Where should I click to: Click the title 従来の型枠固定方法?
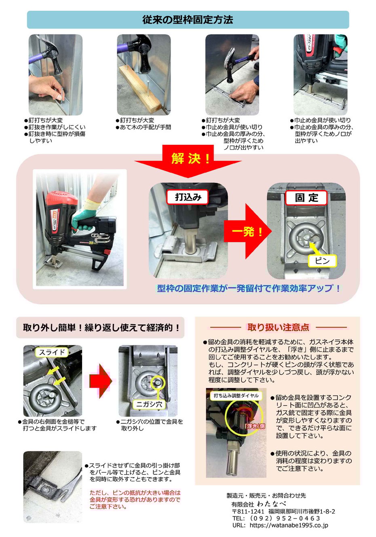[x=188, y=20]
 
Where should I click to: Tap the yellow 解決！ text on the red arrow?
[x=191, y=159]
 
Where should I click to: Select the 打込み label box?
[x=188, y=197]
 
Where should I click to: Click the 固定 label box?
[x=306, y=198]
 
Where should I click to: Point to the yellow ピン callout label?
[x=322, y=261]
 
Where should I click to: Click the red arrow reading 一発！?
[x=248, y=231]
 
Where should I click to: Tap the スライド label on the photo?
[x=52, y=352]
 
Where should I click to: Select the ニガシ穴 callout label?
[x=149, y=404]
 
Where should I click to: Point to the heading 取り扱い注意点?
[x=278, y=327]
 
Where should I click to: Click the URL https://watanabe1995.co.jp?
[x=289, y=525]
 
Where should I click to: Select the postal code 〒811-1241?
[x=248, y=512]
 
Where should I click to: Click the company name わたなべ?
[x=272, y=504]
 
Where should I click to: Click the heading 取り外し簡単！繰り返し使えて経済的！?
[x=101, y=328]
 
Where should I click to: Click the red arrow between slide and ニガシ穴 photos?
[x=100, y=381]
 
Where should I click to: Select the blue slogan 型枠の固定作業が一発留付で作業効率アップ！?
[x=248, y=288]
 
